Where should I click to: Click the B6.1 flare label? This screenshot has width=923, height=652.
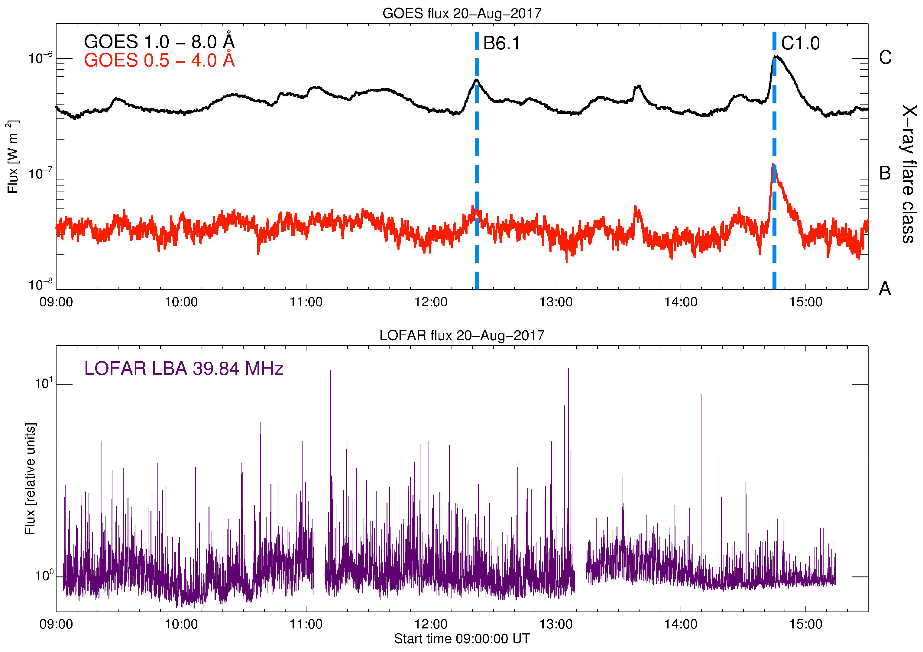coord(501,43)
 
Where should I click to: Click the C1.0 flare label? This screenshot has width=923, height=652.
coord(800,43)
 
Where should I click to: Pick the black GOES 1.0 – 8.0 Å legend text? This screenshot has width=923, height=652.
coord(159,41)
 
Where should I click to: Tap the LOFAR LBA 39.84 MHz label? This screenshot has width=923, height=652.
coord(184,368)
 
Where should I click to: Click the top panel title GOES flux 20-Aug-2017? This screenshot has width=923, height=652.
coord(462,14)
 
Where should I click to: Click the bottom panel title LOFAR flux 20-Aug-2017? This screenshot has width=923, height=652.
coord(462,335)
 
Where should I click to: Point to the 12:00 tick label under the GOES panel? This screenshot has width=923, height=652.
coord(431,302)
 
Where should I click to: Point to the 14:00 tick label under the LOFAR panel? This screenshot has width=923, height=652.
coord(681,624)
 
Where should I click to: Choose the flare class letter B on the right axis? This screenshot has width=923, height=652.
coord(885,173)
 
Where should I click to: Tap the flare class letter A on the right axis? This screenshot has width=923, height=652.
coord(885,289)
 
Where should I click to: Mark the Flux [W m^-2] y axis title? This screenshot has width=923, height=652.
coord(13,157)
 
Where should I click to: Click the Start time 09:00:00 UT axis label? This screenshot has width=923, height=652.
coord(462,639)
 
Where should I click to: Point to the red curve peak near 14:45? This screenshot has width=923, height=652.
coord(773,165)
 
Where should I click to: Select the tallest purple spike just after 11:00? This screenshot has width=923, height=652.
coord(330,371)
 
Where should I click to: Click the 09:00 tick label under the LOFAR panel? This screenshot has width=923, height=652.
coord(56,624)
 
